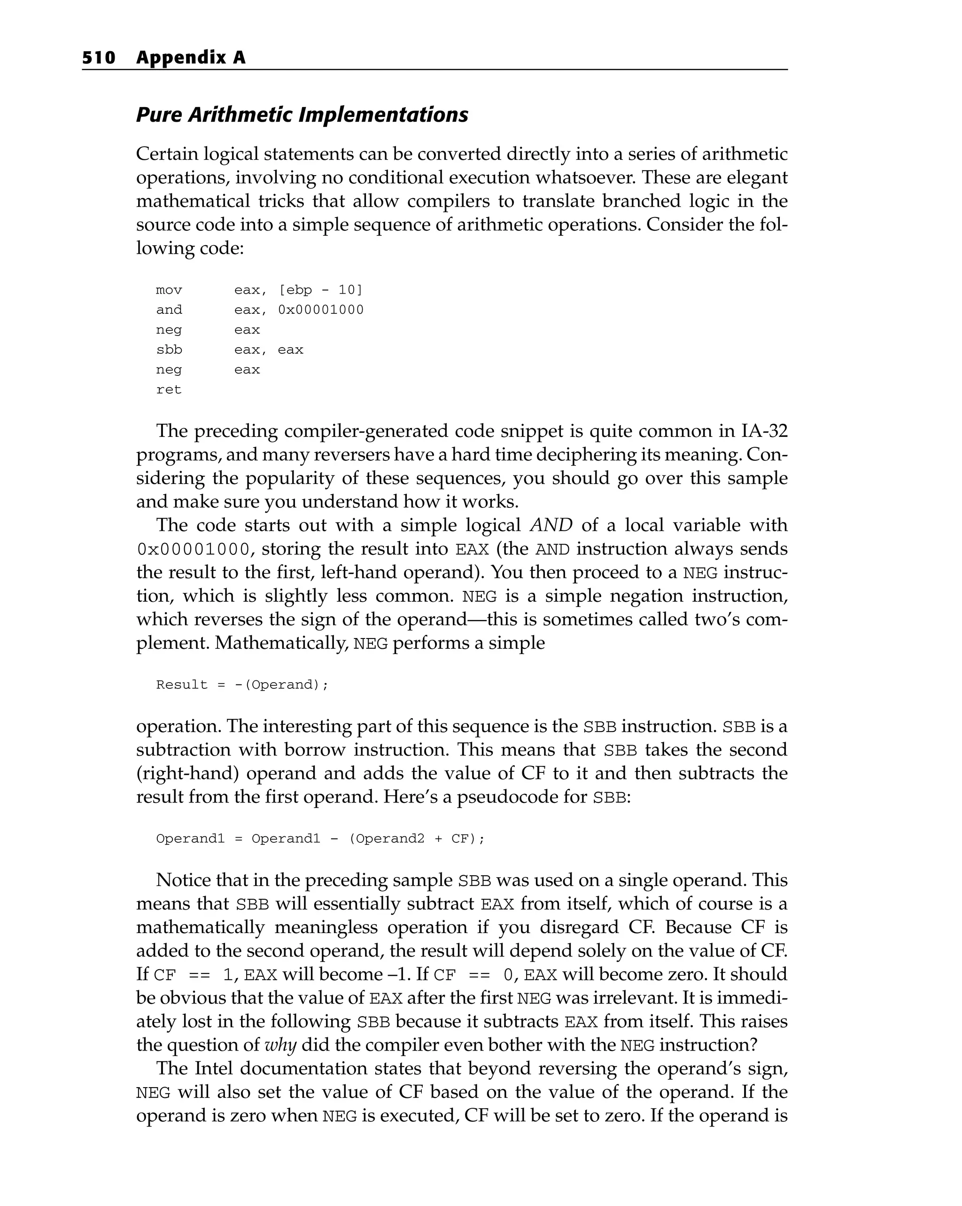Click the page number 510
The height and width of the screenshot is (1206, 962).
[x=99, y=58]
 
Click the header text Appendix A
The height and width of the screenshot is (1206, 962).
[x=191, y=58]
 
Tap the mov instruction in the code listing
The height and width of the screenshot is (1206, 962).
[x=169, y=290]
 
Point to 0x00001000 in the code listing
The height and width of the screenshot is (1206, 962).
[x=320, y=310]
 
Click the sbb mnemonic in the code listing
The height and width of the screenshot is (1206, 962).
[x=169, y=350]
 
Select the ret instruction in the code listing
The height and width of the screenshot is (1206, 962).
[x=169, y=390]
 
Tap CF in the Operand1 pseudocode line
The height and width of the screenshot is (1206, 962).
[x=460, y=839]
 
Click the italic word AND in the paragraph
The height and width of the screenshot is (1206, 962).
[x=551, y=525]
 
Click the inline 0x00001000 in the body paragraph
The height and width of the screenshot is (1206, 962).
[x=193, y=549]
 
